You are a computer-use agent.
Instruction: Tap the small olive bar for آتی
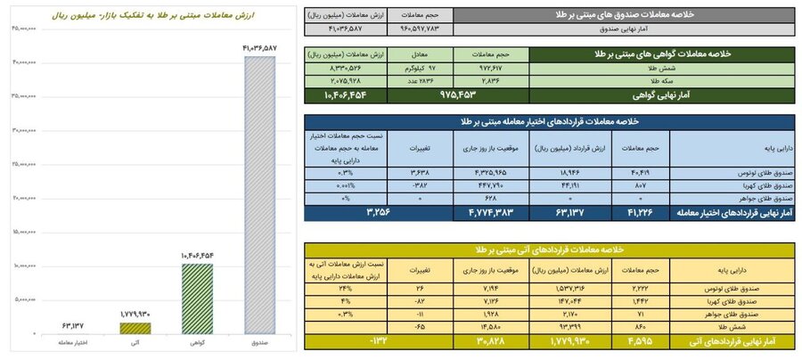136,327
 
